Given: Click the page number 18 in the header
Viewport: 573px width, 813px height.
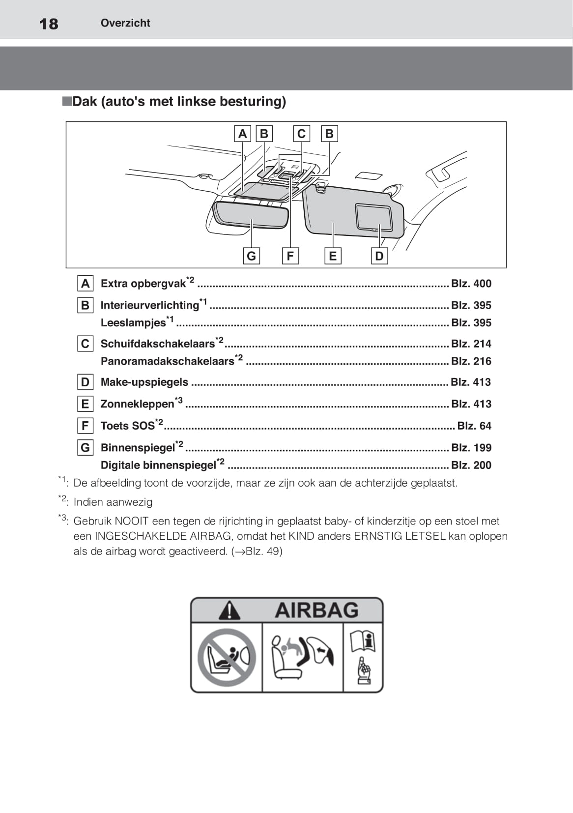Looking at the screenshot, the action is tap(48, 24).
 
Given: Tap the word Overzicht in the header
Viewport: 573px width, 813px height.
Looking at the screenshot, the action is tap(125, 23).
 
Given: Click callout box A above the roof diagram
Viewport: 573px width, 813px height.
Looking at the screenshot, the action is tap(242, 134).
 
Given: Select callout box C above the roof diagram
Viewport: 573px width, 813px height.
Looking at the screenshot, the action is tap(302, 134).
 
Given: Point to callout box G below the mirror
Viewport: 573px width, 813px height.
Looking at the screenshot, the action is tap(251, 256).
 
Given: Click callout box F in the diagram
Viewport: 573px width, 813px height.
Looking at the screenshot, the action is tap(290, 256).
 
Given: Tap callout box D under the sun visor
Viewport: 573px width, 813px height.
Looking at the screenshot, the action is tap(379, 256).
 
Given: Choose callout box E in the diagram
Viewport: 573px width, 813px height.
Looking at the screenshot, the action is tap(333, 256).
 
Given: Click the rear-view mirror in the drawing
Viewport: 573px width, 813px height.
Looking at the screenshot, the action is tap(251, 215).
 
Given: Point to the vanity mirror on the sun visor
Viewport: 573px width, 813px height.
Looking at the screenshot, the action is tap(374, 217).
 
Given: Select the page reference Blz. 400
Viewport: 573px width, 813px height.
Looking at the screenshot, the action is tap(471, 284).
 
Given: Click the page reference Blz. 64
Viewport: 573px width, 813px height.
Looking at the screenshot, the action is tap(474, 425).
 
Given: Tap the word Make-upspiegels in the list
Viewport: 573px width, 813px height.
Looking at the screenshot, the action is tap(144, 382).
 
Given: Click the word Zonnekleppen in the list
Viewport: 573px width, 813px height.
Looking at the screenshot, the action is tap(138, 404).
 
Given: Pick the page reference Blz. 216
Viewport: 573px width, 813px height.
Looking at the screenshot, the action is tap(471, 361).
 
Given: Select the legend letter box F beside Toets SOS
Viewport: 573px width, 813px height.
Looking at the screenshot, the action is tap(86, 425).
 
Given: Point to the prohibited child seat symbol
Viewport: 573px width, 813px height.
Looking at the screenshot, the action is tap(227, 658).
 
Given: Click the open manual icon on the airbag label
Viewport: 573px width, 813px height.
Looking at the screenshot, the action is tap(363, 641).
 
